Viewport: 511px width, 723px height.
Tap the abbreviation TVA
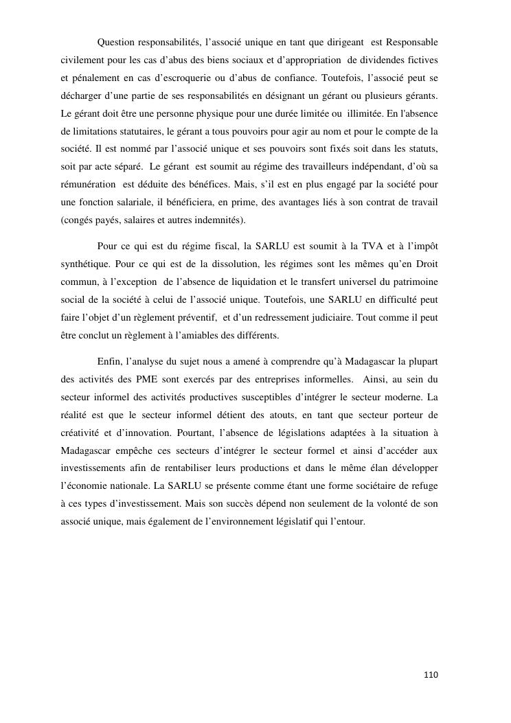point(374,246)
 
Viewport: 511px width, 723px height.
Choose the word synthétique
point(85,264)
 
